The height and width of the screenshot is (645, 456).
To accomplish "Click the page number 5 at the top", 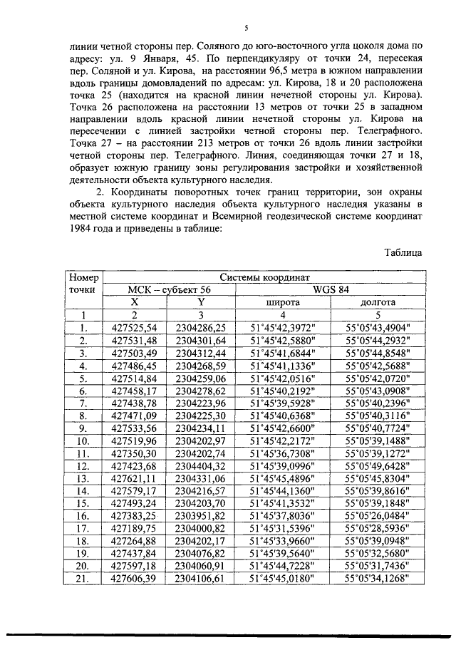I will [x=245, y=29].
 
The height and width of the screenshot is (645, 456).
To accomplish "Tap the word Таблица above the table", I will [x=403, y=252].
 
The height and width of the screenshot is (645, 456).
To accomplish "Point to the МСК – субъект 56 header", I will [x=169, y=290].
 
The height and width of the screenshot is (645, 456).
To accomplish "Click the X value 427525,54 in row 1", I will [x=134, y=328].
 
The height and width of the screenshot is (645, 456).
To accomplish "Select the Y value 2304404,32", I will [x=201, y=466].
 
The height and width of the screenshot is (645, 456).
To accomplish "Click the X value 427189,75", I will [x=134, y=529].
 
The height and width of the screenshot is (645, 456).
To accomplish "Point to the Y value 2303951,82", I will [x=201, y=516].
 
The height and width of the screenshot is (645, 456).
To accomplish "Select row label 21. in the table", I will [x=83, y=579].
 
